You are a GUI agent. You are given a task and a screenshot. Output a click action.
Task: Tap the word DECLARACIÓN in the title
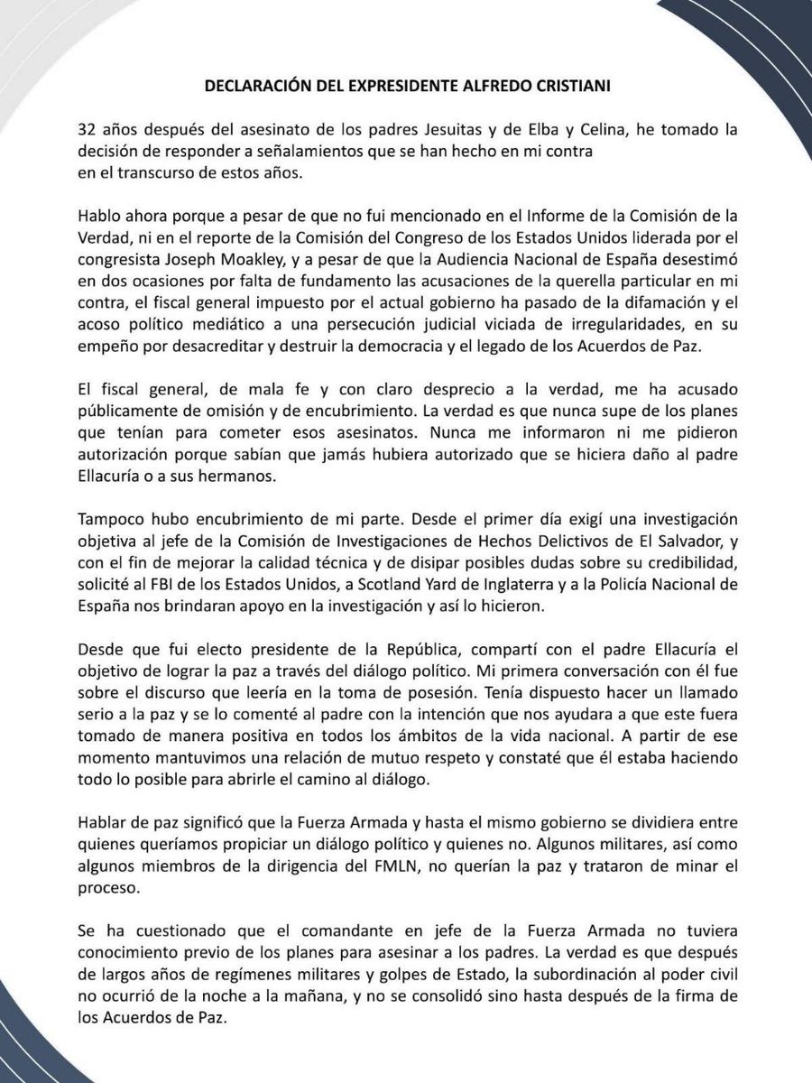(255, 87)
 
